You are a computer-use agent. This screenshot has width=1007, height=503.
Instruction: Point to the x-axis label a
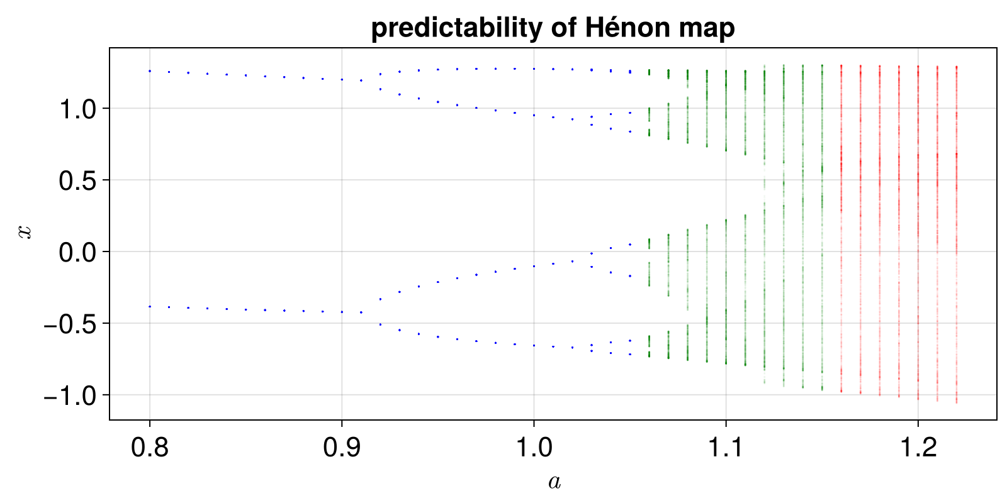554,482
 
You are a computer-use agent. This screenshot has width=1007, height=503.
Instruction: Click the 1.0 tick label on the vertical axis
76,109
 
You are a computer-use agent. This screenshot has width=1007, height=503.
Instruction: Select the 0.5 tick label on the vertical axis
76,180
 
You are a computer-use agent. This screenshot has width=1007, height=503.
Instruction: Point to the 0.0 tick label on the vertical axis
76,252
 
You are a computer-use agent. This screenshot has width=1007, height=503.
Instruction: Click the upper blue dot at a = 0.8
150,71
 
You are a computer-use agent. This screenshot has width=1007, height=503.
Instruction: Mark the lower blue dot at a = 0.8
150,306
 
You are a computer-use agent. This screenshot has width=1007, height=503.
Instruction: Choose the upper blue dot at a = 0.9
342,79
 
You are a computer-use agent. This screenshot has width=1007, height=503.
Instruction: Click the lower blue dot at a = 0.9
342,312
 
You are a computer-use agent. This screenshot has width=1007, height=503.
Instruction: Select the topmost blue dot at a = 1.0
534,69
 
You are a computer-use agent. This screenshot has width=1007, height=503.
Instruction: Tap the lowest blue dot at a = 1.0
534,345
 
